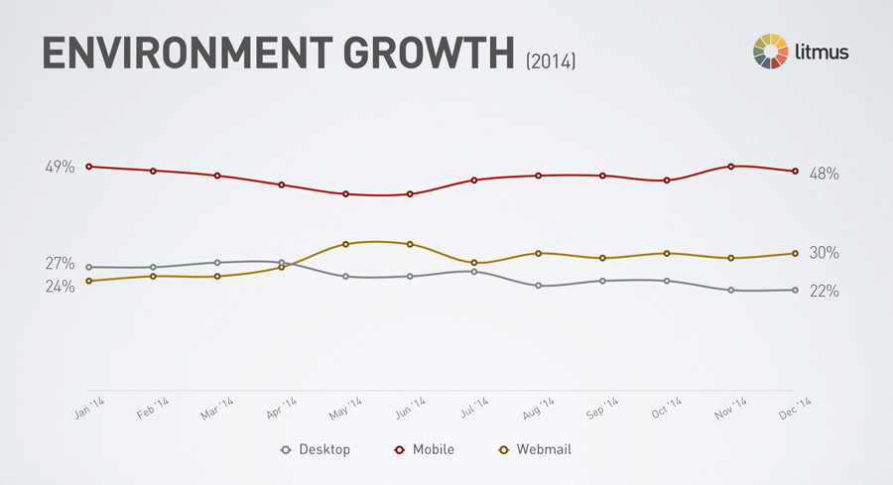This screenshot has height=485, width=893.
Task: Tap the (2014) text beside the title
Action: [x=551, y=61]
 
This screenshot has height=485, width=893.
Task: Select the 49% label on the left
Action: [x=60, y=167]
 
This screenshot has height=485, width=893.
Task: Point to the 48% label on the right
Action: [x=825, y=174]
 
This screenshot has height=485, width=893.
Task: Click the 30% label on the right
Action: [x=825, y=253]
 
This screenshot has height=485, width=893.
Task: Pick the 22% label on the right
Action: [x=825, y=291]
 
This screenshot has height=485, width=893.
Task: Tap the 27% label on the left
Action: [x=60, y=263]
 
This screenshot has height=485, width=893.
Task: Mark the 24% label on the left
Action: [x=60, y=287]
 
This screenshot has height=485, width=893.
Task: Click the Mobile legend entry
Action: [x=424, y=449]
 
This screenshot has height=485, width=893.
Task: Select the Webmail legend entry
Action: [x=535, y=449]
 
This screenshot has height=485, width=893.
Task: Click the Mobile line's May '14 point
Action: [x=345, y=194]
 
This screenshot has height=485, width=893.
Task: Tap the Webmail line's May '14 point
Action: [x=345, y=244]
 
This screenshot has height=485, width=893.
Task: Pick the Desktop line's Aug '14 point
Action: [x=538, y=286]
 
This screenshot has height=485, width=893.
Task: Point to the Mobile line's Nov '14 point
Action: [x=731, y=167]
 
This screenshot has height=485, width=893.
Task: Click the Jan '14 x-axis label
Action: [x=91, y=410]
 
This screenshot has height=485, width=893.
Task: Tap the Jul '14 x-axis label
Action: [x=475, y=410]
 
